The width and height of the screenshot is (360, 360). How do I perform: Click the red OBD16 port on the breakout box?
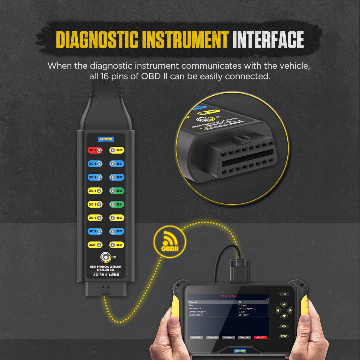pos(95,150)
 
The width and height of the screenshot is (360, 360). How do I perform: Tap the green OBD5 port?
pos(116,190)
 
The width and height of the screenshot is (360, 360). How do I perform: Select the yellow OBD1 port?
pos(116,245)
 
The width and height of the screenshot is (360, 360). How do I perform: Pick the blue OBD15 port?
pos(95,163)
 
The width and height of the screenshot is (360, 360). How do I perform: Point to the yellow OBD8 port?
pos(116,150)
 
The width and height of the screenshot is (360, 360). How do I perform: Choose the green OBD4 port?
pos(116,204)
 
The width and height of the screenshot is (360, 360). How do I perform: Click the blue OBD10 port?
pos(95,231)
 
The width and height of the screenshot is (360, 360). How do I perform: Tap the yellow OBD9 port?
pos(95,245)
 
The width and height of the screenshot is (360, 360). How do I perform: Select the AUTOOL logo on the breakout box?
pos(106,139)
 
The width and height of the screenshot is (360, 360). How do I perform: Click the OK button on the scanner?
pos(284,326)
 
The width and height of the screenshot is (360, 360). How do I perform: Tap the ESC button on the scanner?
pos(284,336)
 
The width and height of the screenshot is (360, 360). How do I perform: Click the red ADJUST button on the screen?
pos(260,337)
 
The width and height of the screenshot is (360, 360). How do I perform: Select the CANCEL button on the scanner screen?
pos(196,337)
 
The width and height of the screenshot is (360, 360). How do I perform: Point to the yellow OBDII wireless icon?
pos(169,242)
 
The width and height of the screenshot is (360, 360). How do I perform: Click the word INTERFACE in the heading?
pos(268,40)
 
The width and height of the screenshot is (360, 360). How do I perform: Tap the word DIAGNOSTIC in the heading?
pos(97,40)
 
